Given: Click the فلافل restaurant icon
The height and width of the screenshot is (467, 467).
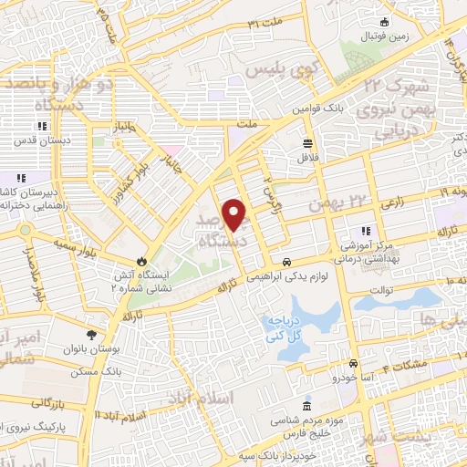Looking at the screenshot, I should point(306,142).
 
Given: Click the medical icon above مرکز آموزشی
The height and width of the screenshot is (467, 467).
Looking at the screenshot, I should point(367,232).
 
